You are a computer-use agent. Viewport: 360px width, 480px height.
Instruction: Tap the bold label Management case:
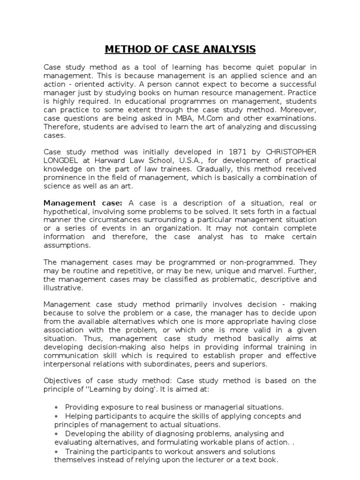[x=83, y=202]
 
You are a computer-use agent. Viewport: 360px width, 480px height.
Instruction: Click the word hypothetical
[x=66, y=211]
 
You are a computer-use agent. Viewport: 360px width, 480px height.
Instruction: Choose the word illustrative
[x=63, y=287]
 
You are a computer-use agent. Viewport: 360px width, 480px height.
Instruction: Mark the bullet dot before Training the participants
[x=56, y=451]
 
